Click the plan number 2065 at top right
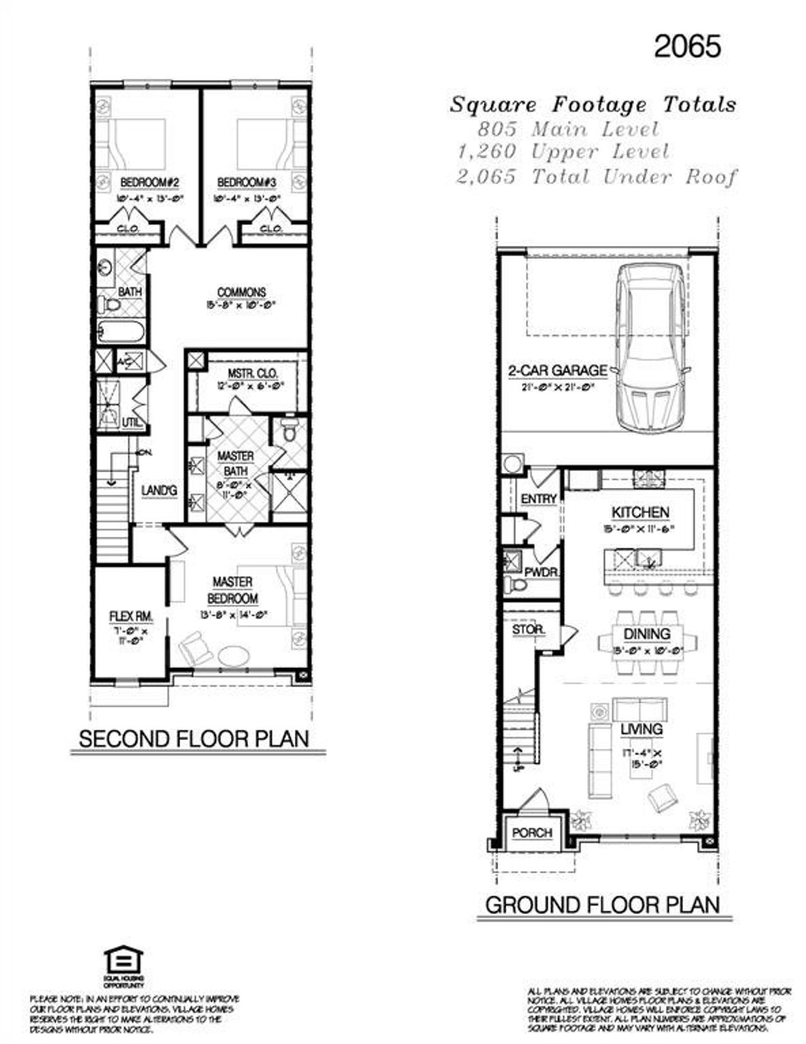click(687, 47)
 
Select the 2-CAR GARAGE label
click(558, 371)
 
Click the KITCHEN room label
click(640, 513)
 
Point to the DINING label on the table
click(647, 634)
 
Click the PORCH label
click(531, 833)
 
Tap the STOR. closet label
click(528, 630)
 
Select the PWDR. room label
click(541, 573)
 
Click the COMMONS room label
click(241, 293)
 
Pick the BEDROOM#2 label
click(150, 183)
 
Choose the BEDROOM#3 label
click(247, 183)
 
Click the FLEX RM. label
click(131, 616)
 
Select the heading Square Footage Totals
click(593, 105)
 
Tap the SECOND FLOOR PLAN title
click(194, 739)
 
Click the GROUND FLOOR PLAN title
click(602, 905)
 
